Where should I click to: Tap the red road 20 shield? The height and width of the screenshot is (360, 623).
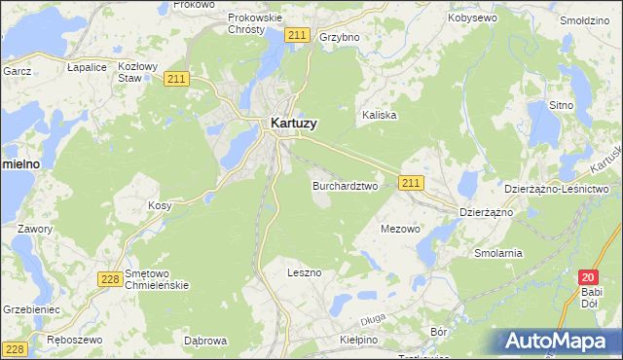pyautogui.click(x=587, y=277)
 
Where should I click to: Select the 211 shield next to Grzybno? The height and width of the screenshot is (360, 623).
pyautogui.click(x=299, y=36)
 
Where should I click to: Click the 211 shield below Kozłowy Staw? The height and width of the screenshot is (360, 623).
pyautogui.click(x=175, y=79)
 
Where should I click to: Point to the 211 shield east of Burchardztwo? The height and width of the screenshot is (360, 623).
pyautogui.click(x=411, y=182)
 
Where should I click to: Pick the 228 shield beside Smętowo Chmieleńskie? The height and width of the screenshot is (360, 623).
pyautogui.click(x=110, y=279)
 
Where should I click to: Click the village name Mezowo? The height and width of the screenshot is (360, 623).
pyautogui.click(x=399, y=230)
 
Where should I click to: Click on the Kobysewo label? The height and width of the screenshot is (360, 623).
pyautogui.click(x=472, y=18)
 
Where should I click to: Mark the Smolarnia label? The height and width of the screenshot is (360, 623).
pyautogui.click(x=497, y=253)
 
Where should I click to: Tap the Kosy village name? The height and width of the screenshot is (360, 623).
pyautogui.click(x=160, y=206)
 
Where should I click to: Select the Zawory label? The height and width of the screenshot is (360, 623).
pyautogui.click(x=34, y=229)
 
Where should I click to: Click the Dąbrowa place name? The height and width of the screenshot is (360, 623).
pyautogui.click(x=205, y=341)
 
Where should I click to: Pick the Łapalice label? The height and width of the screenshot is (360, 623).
pyautogui.click(x=87, y=67)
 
